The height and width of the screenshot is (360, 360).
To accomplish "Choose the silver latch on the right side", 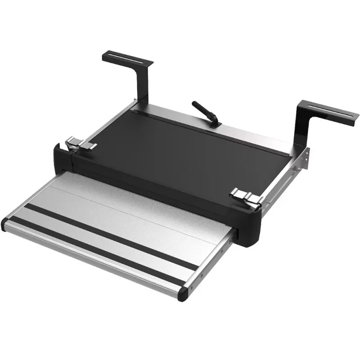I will coord(245,198).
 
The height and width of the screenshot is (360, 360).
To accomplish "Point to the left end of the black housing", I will coord(59,157).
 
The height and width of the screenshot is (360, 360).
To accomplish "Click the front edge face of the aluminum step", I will coord(90,261).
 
